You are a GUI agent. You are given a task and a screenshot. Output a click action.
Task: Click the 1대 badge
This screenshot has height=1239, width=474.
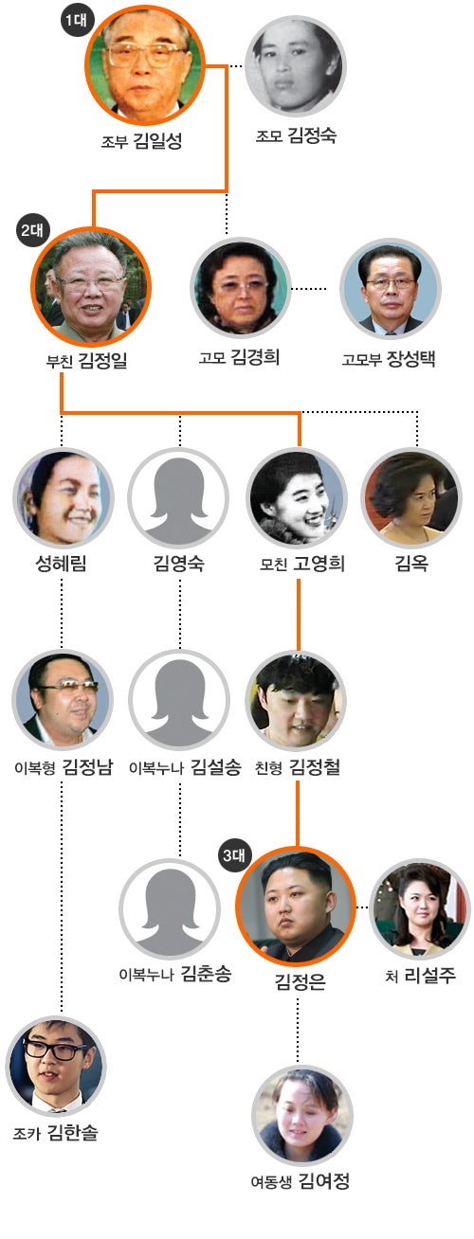[77, 21]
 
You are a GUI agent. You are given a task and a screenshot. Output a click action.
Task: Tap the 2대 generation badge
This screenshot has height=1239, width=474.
[32, 230]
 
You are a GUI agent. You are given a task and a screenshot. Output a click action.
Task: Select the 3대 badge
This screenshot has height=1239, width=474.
[234, 855]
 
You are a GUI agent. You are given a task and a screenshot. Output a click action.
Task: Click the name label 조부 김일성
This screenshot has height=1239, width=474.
[141, 141]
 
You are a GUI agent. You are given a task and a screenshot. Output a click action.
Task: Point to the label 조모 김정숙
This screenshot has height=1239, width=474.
[296, 135]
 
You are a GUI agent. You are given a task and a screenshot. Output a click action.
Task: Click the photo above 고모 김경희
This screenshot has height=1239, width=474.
[241, 288]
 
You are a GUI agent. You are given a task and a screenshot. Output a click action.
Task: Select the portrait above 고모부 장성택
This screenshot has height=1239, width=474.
[391, 288]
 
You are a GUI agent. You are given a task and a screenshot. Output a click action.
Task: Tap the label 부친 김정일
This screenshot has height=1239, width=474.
[87, 361]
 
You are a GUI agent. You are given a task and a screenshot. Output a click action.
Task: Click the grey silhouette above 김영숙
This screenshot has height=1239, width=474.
[178, 498]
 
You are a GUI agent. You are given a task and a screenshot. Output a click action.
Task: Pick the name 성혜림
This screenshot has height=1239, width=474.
[62, 564]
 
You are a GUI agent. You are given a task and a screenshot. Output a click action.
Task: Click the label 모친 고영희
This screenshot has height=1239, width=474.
[302, 564]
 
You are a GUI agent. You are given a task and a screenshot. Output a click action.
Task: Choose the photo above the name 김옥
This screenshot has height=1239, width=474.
[411, 498]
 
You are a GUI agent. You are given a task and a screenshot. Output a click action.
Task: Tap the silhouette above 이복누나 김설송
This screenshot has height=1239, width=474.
[179, 700]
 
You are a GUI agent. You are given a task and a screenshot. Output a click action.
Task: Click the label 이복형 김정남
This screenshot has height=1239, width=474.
[64, 767]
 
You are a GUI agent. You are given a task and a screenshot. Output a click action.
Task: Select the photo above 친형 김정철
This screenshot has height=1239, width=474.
[297, 700]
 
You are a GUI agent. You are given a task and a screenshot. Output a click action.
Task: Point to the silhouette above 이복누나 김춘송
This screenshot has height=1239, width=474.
[170, 909]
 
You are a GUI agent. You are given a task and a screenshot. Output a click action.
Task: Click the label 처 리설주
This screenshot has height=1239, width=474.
[421, 975]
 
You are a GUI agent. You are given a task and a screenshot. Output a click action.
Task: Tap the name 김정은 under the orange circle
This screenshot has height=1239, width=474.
[301, 981]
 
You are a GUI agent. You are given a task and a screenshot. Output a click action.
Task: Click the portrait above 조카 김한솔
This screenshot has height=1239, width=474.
[56, 1067]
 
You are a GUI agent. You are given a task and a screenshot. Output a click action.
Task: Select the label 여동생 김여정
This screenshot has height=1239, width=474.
[301, 1182]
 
